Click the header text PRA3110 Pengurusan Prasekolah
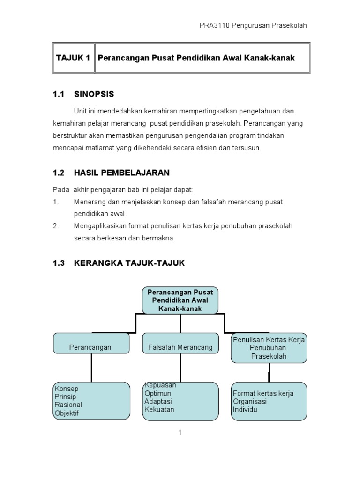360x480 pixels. click(x=253, y=25)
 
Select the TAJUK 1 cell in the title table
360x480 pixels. click(x=73, y=58)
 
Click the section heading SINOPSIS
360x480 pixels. click(x=94, y=94)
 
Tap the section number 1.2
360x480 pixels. click(x=58, y=172)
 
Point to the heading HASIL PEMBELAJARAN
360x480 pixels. click(x=121, y=172)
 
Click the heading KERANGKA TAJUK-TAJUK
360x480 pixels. click(x=129, y=263)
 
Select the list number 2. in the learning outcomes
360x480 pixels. click(x=56, y=226)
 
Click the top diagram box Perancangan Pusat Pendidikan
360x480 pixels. click(x=180, y=300)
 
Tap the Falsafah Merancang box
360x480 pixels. click(x=180, y=347)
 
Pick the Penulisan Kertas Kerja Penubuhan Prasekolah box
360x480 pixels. click(x=269, y=348)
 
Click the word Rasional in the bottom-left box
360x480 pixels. click(x=68, y=405)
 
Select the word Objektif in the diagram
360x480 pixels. click(x=67, y=413)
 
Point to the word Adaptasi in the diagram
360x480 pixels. click(x=158, y=401)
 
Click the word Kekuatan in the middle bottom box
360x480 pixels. click(x=159, y=409)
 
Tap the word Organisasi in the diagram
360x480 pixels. click(x=250, y=402)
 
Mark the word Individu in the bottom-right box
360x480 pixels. click(x=245, y=410)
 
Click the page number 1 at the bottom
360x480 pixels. click(x=180, y=432)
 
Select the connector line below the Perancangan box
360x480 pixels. click(x=91, y=367)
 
